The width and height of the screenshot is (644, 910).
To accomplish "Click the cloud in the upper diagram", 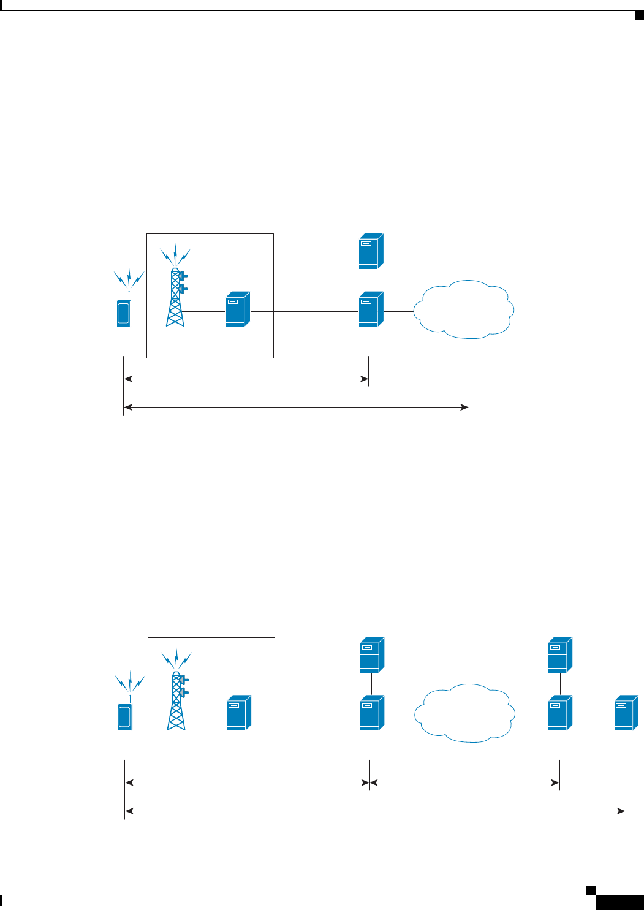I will click(x=464, y=309).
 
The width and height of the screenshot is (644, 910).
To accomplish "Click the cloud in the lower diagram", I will click(x=464, y=713).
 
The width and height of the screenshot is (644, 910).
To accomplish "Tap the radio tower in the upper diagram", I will click(x=176, y=297).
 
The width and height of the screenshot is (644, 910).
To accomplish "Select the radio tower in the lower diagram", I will click(x=177, y=701).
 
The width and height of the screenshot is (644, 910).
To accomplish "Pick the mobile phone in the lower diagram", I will click(x=124, y=717).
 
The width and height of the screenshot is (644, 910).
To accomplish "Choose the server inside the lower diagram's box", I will click(x=239, y=713).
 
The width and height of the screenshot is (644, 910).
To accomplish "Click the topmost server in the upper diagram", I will click(x=371, y=251).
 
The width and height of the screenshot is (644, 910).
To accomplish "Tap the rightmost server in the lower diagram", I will click(x=626, y=713).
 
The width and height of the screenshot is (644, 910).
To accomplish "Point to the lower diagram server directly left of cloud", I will click(x=372, y=713).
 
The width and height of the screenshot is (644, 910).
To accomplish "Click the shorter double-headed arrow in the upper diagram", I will click(x=246, y=379).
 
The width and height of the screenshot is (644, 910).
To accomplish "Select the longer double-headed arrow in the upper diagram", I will click(x=296, y=406).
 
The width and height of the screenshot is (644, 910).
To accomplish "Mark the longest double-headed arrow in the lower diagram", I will click(x=375, y=811).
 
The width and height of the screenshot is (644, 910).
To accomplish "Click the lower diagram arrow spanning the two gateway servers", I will click(x=464, y=783).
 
